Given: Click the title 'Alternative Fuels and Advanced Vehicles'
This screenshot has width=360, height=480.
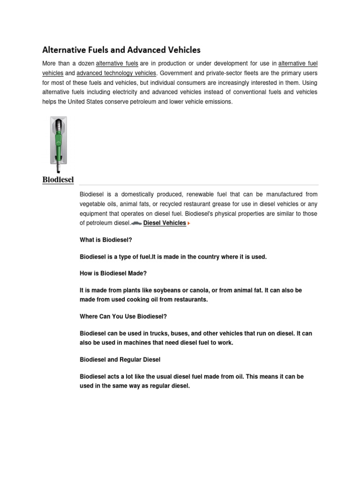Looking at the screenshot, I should (121, 49).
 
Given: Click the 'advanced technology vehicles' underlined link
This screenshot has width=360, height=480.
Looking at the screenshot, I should (116, 73).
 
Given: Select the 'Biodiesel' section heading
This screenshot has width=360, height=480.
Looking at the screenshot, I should (58, 180).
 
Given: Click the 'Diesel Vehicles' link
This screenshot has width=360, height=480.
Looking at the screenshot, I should (165, 223).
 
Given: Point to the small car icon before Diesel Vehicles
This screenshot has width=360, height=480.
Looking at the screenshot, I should (136, 224).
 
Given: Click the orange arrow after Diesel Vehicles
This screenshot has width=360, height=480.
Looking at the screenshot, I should (189, 224).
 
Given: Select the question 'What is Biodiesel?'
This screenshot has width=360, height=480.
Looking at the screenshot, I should (106, 240).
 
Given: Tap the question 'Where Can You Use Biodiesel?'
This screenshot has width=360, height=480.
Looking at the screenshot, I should (123, 316).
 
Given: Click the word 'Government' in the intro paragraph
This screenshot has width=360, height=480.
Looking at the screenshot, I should (179, 73).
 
